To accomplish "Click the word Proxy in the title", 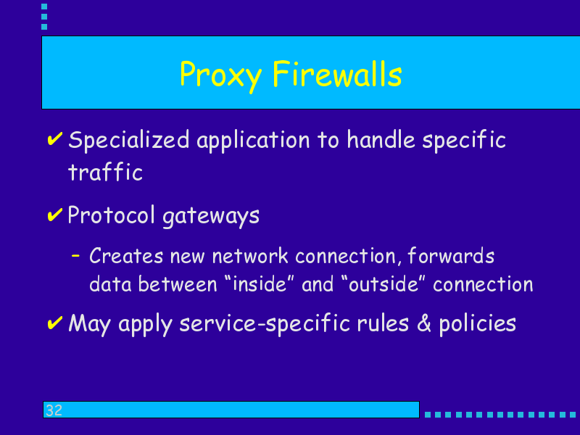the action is point(221,76).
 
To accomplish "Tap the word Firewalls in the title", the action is point(337,74).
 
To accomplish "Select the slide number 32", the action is point(54,410).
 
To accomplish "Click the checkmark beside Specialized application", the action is point(55,138).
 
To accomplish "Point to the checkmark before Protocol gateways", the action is point(55,215).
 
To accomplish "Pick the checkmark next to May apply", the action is point(55,323).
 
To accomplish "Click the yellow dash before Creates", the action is point(75,255).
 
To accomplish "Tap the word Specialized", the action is point(129,141).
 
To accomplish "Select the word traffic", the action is point(105,171).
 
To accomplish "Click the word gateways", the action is point(211,216).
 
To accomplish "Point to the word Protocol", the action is point(111,215).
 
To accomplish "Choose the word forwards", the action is point(451,255).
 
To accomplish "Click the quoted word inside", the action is point(260,283).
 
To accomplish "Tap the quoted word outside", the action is point(384,283).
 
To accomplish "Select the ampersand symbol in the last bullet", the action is point(424,323).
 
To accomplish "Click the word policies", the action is point(477,324).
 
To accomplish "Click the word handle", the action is point(381,140).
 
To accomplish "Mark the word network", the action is point(250,255).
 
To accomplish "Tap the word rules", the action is point(383,323).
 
